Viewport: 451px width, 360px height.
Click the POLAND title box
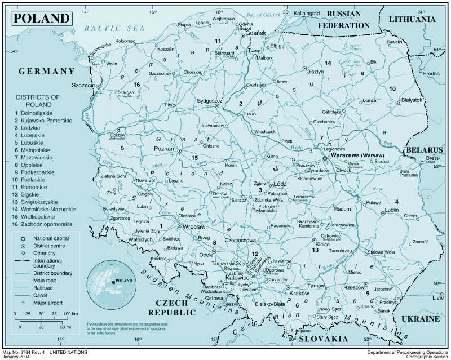(41, 17)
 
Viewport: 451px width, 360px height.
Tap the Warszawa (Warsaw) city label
(357, 155)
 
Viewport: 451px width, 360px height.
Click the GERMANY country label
(46, 71)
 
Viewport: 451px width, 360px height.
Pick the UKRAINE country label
(419, 319)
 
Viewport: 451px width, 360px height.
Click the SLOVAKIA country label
(323, 339)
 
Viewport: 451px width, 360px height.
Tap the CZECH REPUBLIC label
(167, 308)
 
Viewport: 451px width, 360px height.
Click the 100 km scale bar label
(70, 313)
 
